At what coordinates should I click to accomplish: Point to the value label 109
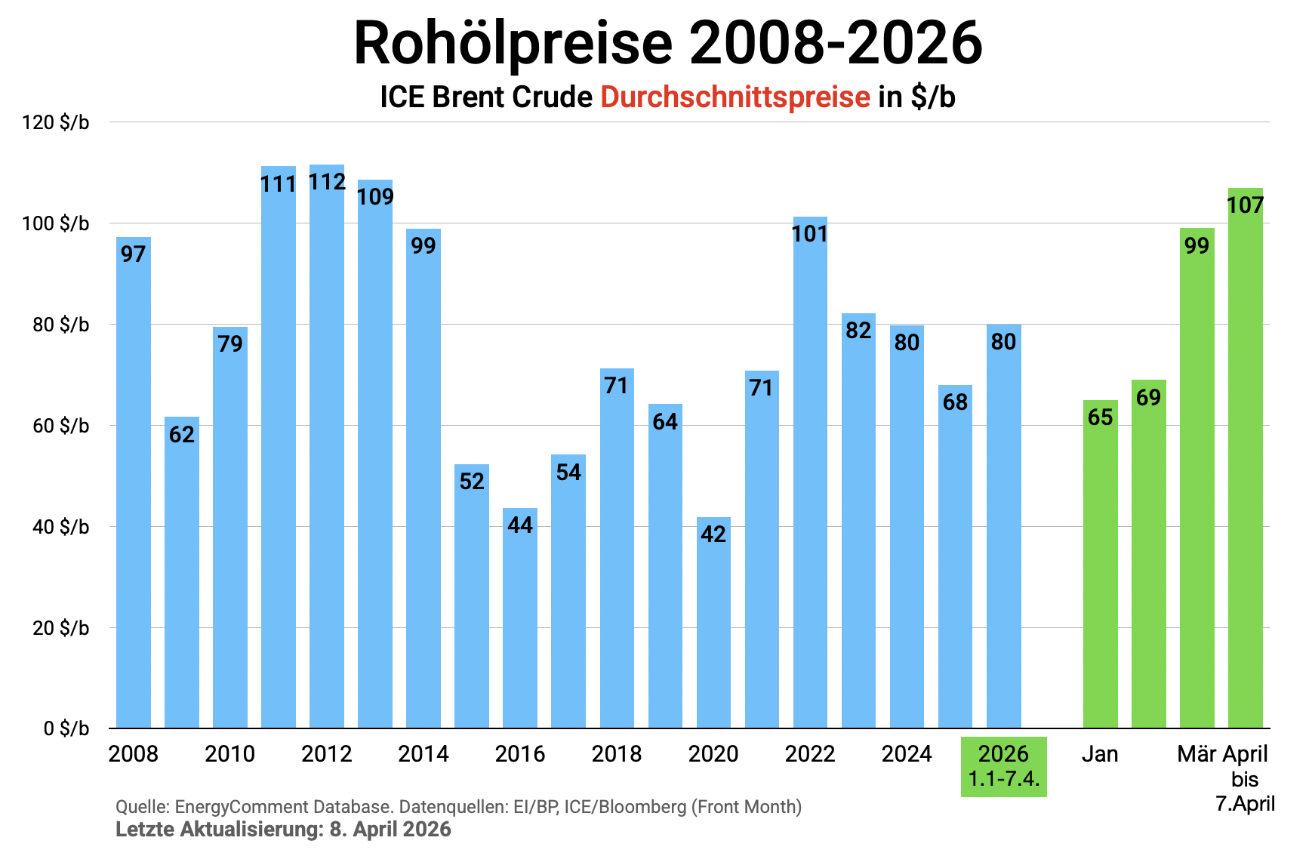point(375,197)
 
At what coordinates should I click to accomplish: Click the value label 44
point(520,525)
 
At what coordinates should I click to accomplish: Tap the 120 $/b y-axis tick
point(56,122)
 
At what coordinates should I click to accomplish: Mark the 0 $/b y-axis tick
point(66,728)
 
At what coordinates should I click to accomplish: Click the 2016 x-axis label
point(520,754)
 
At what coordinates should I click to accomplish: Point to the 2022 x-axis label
point(810,754)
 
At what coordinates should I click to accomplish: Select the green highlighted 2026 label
point(1003,765)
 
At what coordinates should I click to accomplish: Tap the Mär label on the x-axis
point(1197,754)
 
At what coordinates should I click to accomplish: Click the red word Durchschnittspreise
point(735,97)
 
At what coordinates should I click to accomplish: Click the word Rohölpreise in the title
point(513,43)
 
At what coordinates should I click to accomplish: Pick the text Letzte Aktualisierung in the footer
point(219,830)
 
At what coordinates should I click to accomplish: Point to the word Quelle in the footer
point(141,807)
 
